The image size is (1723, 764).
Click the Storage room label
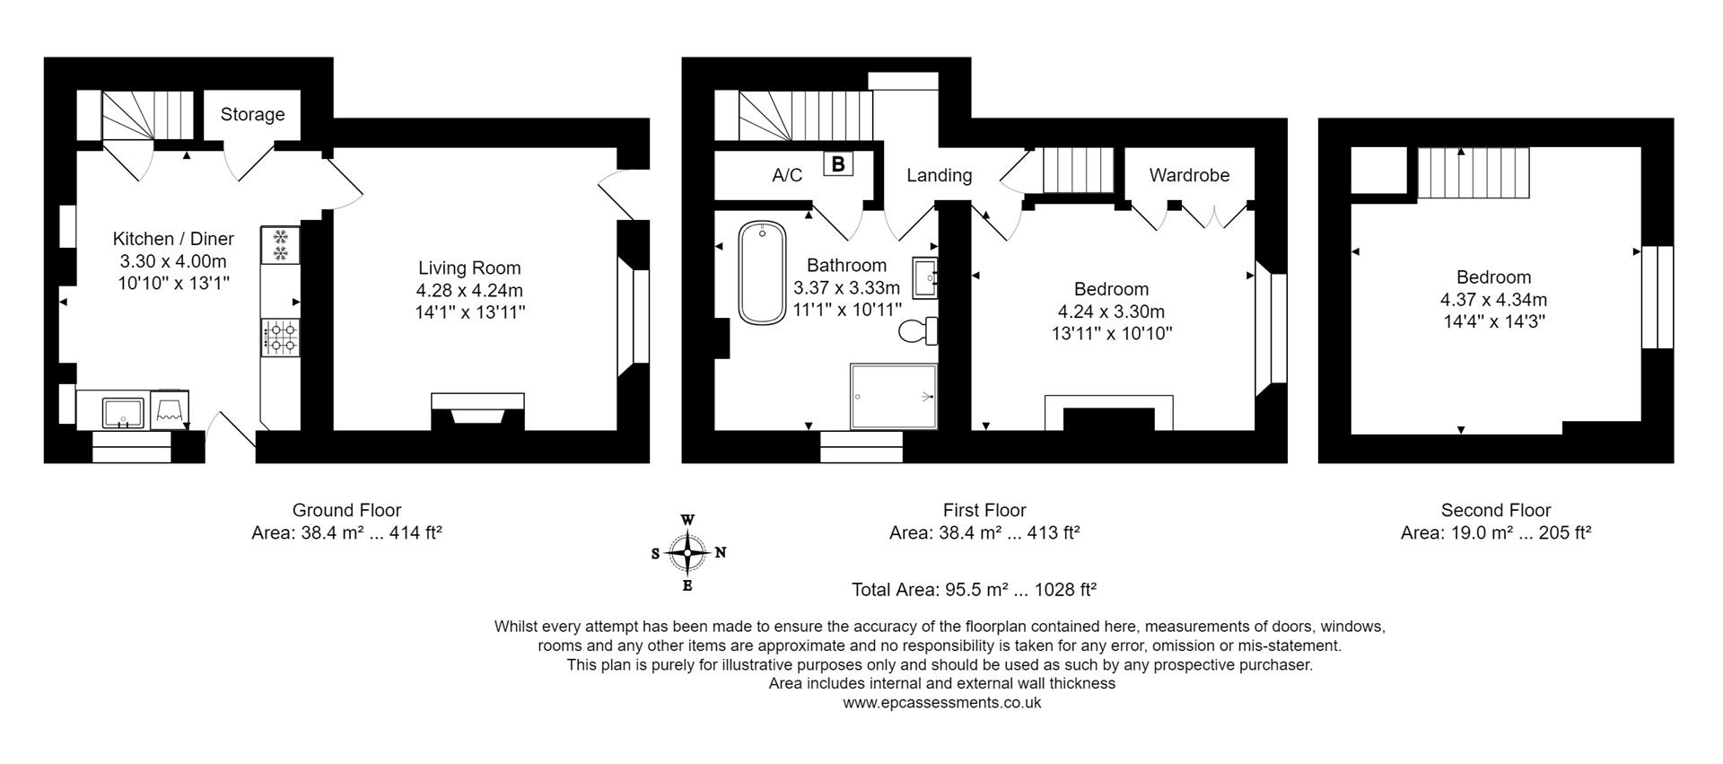(x=252, y=114)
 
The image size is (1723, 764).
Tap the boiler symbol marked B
(x=838, y=164)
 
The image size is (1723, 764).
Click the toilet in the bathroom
(x=918, y=331)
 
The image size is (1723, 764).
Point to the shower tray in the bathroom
(x=893, y=396)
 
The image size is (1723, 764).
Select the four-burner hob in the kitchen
(x=281, y=338)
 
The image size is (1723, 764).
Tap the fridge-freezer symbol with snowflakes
(x=281, y=245)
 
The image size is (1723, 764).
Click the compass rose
(x=687, y=553)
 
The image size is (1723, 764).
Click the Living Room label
(x=469, y=268)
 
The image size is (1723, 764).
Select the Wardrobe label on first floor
(x=1189, y=175)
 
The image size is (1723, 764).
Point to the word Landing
(x=939, y=175)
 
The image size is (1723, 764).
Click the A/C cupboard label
(x=787, y=175)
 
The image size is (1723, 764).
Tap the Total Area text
(x=974, y=590)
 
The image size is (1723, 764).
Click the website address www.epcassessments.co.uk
(x=941, y=703)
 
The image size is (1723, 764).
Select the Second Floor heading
(x=1495, y=510)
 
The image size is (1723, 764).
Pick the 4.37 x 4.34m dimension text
(x=1493, y=300)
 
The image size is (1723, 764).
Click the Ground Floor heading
(x=346, y=510)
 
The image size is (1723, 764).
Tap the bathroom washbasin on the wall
(x=924, y=277)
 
